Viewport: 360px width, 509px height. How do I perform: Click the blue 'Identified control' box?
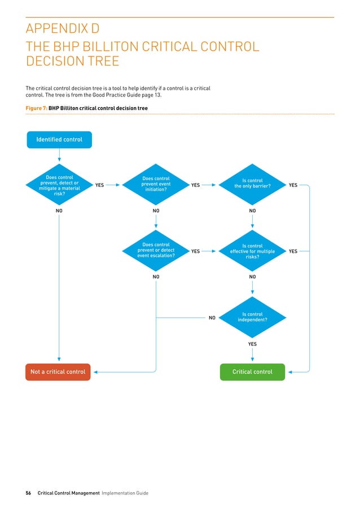click(59, 139)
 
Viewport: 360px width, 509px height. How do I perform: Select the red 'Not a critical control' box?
click(58, 372)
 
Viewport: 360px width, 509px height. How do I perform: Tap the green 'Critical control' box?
click(252, 372)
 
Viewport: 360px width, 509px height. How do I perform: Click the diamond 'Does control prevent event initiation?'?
click(156, 185)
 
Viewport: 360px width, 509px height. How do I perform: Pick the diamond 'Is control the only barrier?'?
click(252, 185)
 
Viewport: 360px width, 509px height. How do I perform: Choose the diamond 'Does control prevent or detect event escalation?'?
click(156, 251)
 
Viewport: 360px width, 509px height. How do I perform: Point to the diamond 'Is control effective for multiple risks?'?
click(252, 251)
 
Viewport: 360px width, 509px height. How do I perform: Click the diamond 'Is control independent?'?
click(252, 318)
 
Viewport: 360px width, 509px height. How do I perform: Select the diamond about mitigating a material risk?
click(59, 185)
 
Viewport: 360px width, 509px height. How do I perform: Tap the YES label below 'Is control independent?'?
click(252, 344)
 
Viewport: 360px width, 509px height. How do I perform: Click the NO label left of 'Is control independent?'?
click(212, 318)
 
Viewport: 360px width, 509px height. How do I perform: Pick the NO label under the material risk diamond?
click(59, 210)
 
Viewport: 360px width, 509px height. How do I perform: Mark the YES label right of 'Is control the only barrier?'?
click(293, 185)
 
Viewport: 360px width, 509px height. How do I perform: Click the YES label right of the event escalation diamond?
click(195, 251)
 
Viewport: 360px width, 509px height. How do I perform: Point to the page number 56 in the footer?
click(29, 493)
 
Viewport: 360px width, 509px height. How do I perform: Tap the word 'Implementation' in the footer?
click(115, 493)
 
